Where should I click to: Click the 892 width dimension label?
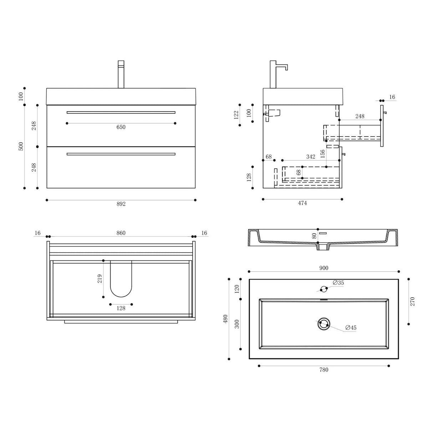[x=121, y=204]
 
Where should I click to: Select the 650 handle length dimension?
[x=121, y=127]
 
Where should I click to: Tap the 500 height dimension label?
[x=21, y=146]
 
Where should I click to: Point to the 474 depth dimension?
[x=302, y=203]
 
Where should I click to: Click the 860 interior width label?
[x=121, y=233]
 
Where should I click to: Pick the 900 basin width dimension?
[x=324, y=268]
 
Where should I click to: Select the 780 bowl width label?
[x=324, y=370]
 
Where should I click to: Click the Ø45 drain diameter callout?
[x=351, y=328]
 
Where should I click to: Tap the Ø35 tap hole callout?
[x=338, y=282]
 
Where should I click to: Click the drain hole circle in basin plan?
[x=324, y=324]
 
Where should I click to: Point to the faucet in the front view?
[x=121, y=74]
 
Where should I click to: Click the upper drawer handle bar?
[x=121, y=112]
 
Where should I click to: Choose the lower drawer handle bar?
[x=121, y=154]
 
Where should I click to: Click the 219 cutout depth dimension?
[x=100, y=279]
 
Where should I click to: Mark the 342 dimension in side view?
[x=311, y=157]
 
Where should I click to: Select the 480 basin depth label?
[x=225, y=319]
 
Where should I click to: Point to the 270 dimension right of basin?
[x=413, y=301]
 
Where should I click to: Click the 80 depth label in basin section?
[x=314, y=235]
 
